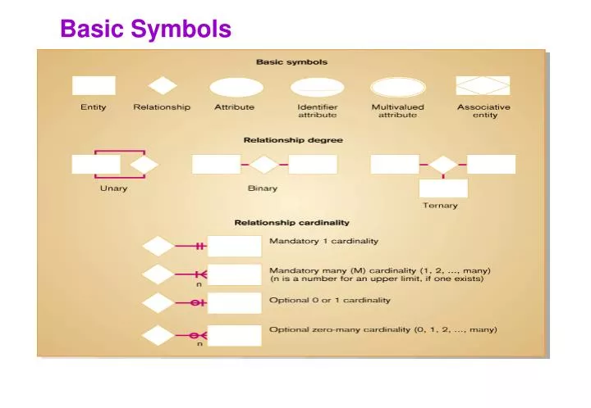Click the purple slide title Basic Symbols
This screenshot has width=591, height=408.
pos(146,29)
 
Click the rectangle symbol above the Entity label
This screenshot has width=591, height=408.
pos(94,86)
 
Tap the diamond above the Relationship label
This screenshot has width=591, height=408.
pos(163,86)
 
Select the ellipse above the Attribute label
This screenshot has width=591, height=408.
pos(236,87)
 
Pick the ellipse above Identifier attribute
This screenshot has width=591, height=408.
pos(317,87)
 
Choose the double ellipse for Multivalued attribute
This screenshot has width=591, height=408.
pos(397,87)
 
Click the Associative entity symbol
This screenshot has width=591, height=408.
pos(483,86)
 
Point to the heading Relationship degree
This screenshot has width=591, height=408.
pos(293,140)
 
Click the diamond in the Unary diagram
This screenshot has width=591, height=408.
pos(144,165)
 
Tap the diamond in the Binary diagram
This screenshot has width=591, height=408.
pos(263,165)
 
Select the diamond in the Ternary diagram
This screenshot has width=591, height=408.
pos(443,165)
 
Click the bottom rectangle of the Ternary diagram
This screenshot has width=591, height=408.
pos(443,188)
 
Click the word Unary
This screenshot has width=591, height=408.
pos(113,188)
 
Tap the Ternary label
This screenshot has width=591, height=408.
pos(440,205)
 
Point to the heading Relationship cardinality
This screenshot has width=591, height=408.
pos(292,222)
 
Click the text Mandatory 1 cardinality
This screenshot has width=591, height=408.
pos(324,241)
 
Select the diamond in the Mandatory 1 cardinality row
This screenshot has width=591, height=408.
pos(158,246)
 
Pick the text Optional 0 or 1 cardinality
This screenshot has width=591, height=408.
pos(330,300)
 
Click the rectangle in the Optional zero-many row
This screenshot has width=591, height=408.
pos(234,335)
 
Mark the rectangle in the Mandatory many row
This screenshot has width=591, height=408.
pos(234,274)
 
